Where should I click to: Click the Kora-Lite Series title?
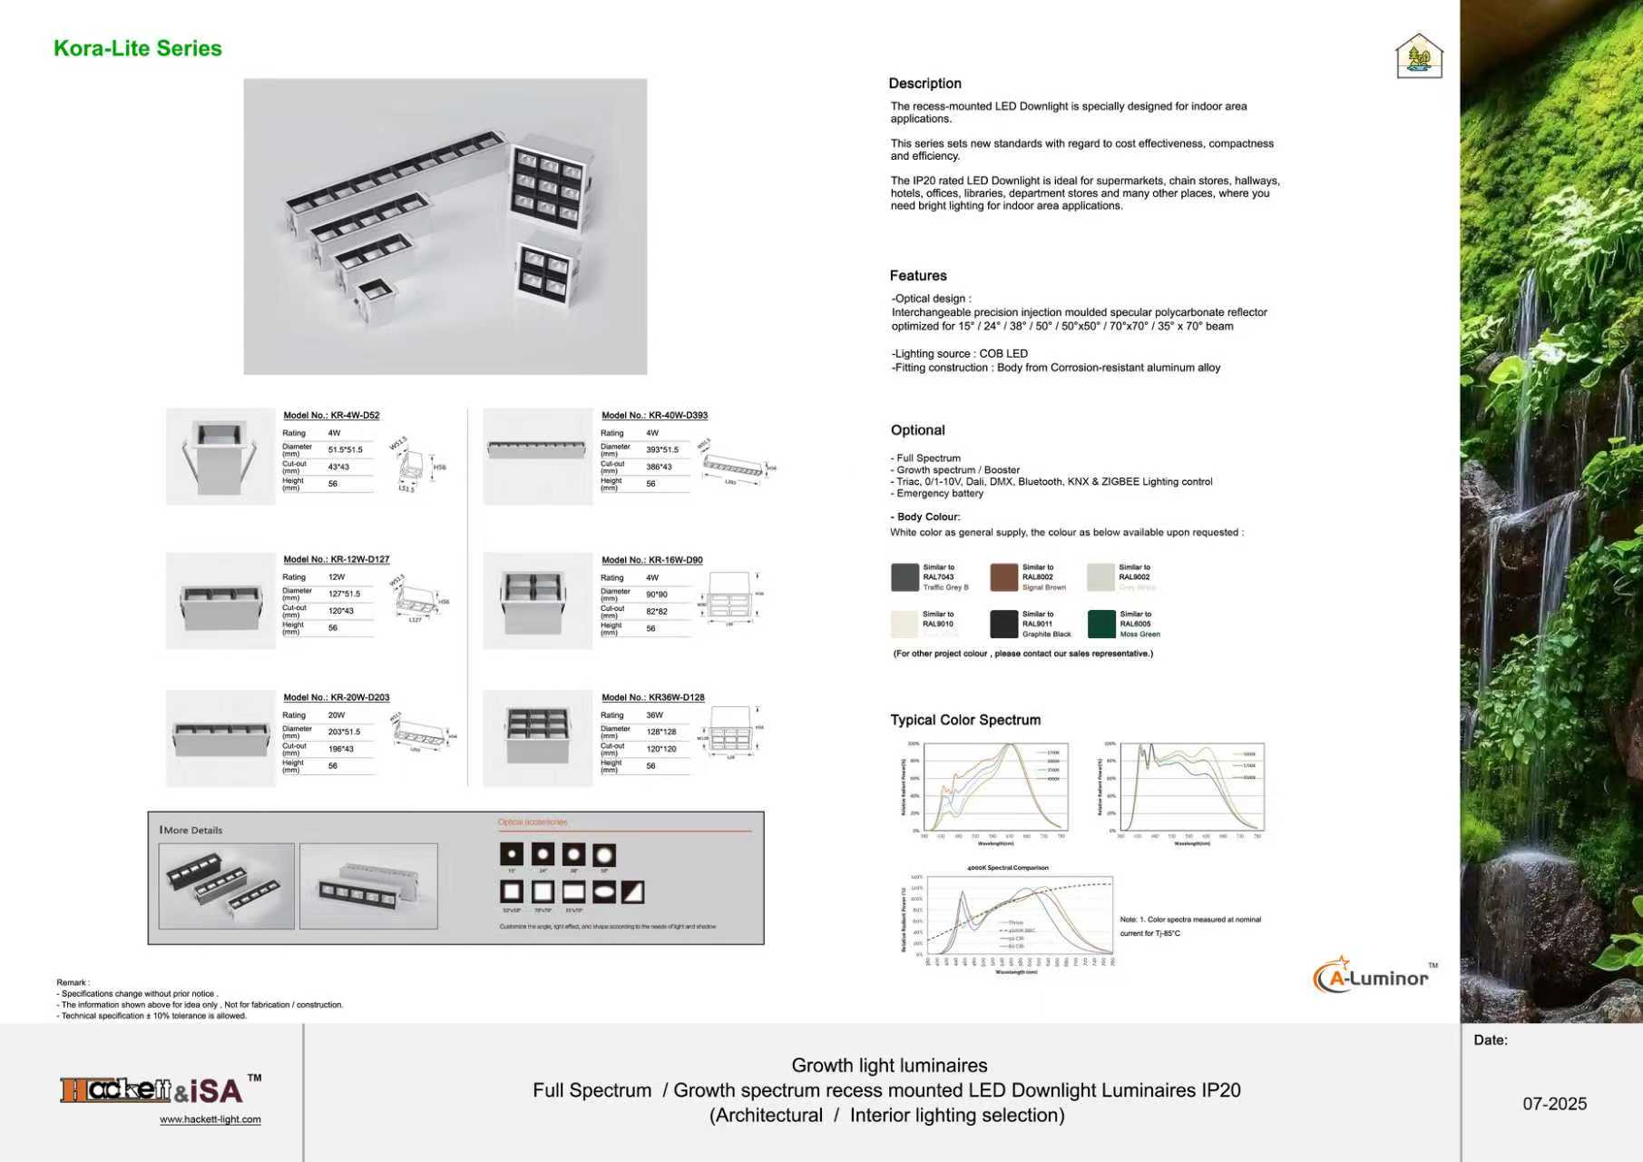[x=138, y=49]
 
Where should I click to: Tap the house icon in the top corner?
[x=1419, y=55]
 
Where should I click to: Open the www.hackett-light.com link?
[x=210, y=1119]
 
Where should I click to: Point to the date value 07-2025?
[x=1554, y=1104]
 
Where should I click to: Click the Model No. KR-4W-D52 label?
[x=331, y=415]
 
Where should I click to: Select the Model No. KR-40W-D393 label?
[x=654, y=415]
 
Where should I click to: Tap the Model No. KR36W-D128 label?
[x=652, y=697]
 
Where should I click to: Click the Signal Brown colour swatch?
[x=1003, y=577]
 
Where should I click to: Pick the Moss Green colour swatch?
[x=1101, y=624]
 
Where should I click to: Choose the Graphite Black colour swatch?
[x=1003, y=624]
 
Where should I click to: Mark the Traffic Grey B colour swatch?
[x=905, y=577]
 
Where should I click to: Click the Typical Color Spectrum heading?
[x=965, y=720]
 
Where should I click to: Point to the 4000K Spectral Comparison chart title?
[x=1007, y=868]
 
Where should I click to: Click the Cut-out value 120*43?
[x=341, y=611]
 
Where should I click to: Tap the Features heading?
[x=917, y=276]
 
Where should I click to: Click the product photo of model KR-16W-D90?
[x=537, y=601]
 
